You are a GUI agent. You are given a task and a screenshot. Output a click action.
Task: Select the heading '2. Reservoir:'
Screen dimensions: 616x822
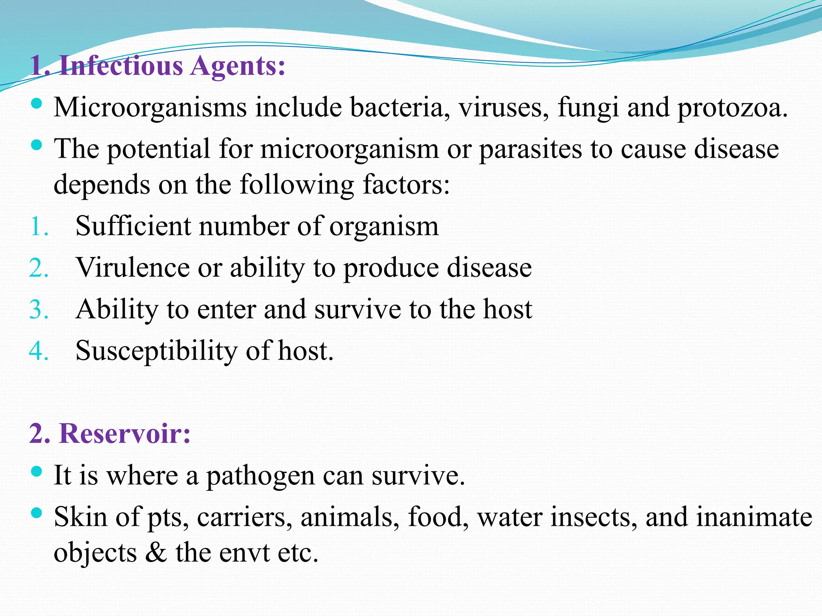(110, 434)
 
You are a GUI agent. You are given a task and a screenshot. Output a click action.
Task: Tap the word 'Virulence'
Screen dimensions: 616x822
(133, 267)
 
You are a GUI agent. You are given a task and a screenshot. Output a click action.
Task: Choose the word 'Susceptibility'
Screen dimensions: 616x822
(157, 351)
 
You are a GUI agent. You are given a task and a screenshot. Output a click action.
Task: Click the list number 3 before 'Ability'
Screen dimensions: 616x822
(39, 310)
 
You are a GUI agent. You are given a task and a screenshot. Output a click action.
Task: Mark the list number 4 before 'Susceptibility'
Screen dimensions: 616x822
(39, 351)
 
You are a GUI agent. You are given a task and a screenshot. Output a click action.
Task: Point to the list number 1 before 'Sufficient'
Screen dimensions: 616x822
(39, 227)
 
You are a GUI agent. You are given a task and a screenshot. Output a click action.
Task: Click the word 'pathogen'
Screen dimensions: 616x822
(260, 476)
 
